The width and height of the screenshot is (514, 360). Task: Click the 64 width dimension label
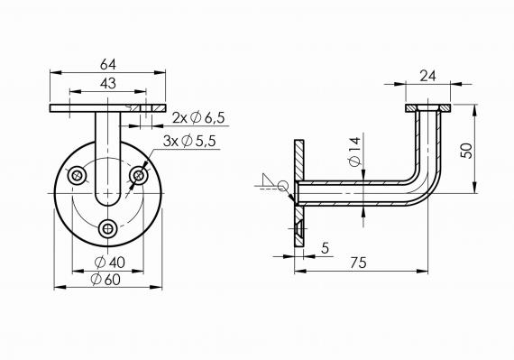(108, 64)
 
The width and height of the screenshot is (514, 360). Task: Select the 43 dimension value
(108, 84)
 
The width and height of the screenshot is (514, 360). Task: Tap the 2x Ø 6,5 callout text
(198, 117)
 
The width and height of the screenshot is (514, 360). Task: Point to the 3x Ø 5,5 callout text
(189, 142)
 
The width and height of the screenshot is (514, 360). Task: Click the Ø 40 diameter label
(110, 263)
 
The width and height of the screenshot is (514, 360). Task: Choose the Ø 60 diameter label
(106, 280)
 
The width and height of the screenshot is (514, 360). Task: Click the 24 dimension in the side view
(428, 76)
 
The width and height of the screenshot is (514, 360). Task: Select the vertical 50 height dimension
(466, 151)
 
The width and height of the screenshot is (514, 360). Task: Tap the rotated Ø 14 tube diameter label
(354, 152)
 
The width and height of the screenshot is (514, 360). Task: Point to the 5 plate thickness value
(325, 248)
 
